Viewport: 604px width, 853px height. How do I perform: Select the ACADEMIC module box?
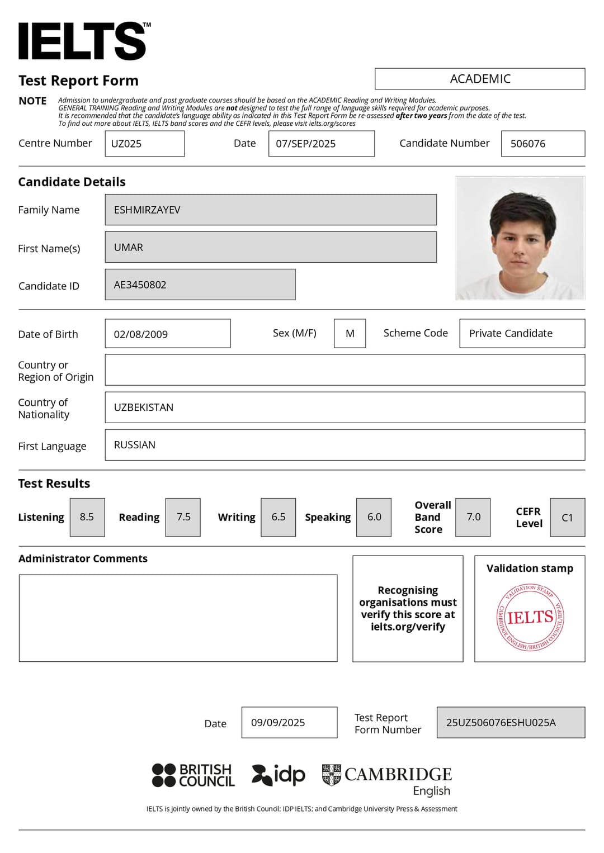click(x=480, y=79)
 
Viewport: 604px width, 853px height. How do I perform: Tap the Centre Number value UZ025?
click(x=127, y=144)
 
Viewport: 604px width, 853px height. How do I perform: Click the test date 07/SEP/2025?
click(x=306, y=144)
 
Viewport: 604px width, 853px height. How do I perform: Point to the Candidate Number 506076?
click(x=528, y=144)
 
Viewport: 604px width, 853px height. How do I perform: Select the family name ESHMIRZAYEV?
click(x=148, y=210)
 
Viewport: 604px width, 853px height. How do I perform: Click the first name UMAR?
click(x=129, y=247)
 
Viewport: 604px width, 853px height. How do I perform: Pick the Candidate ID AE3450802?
click(x=140, y=285)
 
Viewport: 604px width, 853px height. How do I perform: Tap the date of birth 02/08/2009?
click(x=141, y=334)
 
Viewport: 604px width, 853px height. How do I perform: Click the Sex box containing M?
click(x=350, y=334)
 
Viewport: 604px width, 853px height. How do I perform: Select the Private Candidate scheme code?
click(x=511, y=334)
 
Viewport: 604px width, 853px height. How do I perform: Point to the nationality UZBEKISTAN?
click(x=144, y=407)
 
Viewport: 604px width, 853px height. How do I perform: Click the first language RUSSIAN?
click(x=135, y=445)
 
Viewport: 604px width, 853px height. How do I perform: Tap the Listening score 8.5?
click(x=87, y=517)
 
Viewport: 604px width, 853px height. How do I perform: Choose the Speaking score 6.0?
click(x=374, y=517)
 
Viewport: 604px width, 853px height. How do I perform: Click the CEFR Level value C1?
click(x=567, y=518)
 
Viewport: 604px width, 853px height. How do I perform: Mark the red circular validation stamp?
click(x=530, y=618)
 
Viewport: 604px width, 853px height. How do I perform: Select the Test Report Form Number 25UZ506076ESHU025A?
click(x=501, y=722)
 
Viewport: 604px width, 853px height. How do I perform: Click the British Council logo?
click(x=194, y=775)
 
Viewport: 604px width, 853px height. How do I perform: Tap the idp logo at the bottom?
click(x=279, y=775)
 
